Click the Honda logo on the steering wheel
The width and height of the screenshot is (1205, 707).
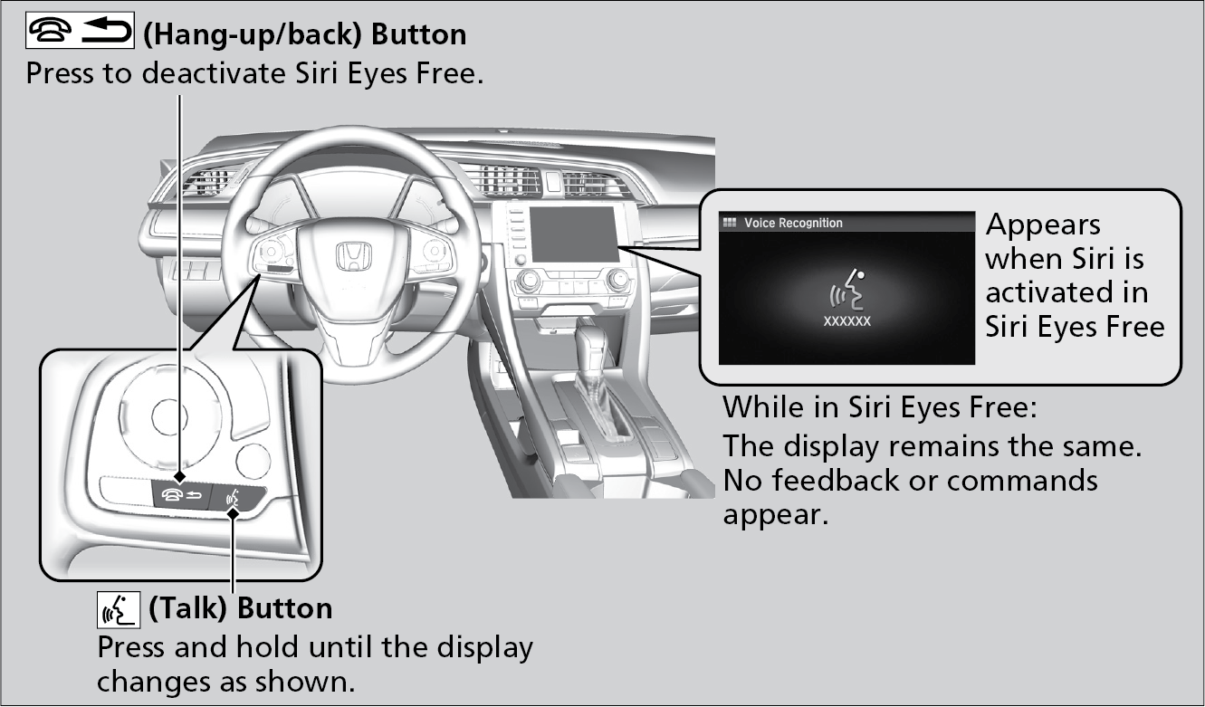[x=349, y=256]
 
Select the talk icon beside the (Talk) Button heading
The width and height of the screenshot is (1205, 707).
[x=114, y=607]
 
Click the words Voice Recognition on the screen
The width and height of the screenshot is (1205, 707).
[x=793, y=223]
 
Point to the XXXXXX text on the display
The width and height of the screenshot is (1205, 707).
[x=847, y=321]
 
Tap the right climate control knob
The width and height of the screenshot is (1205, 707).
[x=618, y=281]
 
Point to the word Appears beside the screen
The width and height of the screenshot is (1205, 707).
[x=1043, y=225]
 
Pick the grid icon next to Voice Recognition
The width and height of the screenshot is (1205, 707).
[x=729, y=223]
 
